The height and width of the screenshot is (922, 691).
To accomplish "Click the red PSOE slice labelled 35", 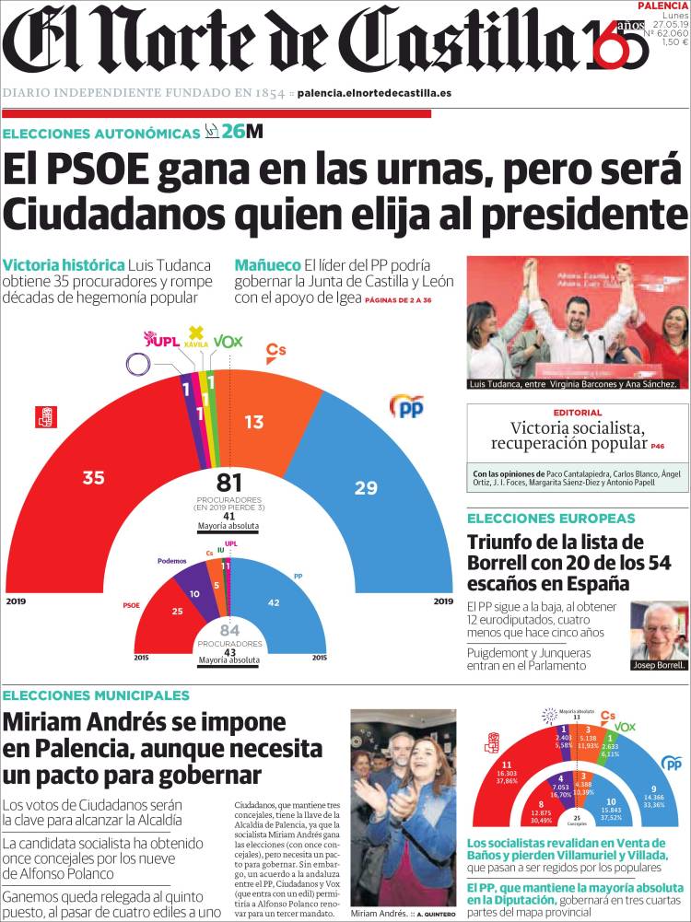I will pyautogui.click(x=92, y=477).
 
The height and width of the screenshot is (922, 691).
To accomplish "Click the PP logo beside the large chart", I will pyautogui.click(x=406, y=405).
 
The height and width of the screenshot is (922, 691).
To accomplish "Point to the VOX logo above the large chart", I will pyautogui.click(x=228, y=341).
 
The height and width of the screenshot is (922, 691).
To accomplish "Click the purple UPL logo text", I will pyautogui.click(x=163, y=341).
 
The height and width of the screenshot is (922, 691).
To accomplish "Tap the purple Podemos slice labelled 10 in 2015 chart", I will pyautogui.click(x=193, y=593).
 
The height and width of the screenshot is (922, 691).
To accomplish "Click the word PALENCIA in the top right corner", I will pyautogui.click(x=662, y=6).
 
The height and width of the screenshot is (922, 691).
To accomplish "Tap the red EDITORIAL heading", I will pyautogui.click(x=577, y=413).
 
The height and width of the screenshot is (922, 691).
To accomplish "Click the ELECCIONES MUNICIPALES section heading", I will pyautogui.click(x=96, y=695).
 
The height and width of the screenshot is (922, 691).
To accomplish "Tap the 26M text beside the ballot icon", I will pyautogui.click(x=241, y=132).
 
